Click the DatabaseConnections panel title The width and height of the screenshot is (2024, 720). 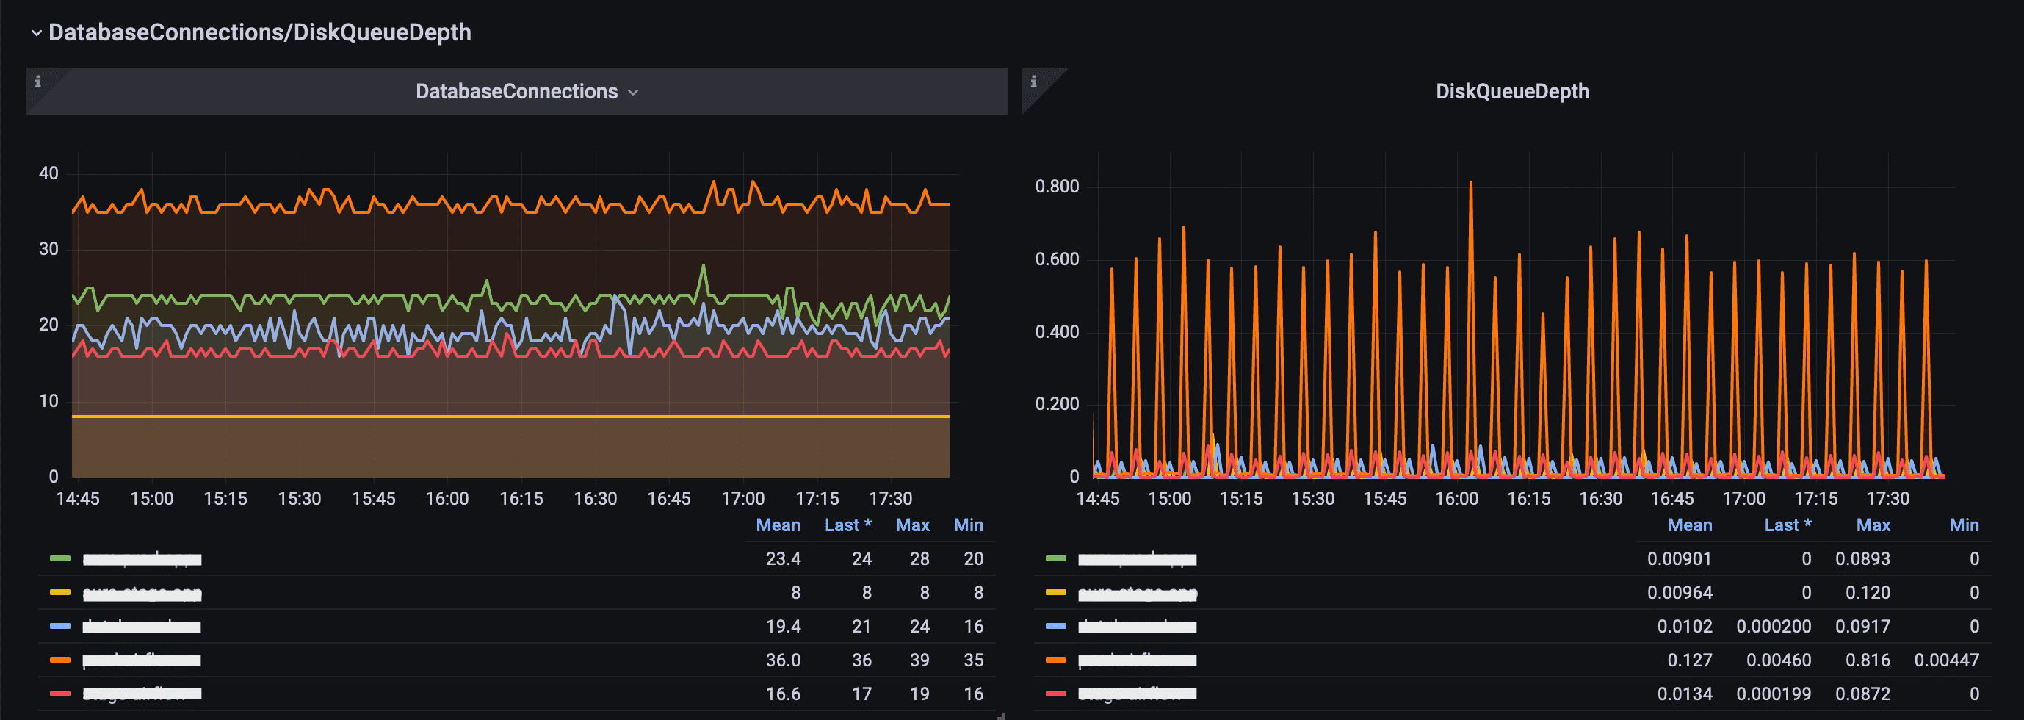pyautogui.click(x=516, y=91)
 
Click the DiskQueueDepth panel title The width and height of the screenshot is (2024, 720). pyautogui.click(x=1511, y=91)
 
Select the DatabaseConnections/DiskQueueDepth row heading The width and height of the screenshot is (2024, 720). pyautogui.click(x=259, y=32)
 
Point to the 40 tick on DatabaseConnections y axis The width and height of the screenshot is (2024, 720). pyautogui.click(x=48, y=173)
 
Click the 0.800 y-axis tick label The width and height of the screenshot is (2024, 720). pyautogui.click(x=1057, y=187)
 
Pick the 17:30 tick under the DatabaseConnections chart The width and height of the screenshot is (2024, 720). pyautogui.click(x=890, y=498)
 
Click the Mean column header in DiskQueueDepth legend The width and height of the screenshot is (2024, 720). pyautogui.click(x=1689, y=525)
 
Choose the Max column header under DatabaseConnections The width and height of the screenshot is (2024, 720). pyautogui.click(x=912, y=525)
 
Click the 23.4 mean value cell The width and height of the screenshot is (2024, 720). pyautogui.click(x=783, y=559)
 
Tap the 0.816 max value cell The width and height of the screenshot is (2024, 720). pyautogui.click(x=1867, y=660)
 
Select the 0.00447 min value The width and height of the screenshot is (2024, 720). pyautogui.click(x=1945, y=660)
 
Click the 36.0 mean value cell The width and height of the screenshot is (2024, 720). pyautogui.click(x=783, y=660)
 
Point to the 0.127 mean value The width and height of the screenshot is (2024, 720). pyautogui.click(x=1689, y=660)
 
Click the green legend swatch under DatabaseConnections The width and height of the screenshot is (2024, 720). pyautogui.click(x=60, y=559)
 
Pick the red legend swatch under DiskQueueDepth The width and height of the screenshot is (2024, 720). pyautogui.click(x=1056, y=694)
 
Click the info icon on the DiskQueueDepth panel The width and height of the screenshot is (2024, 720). pyautogui.click(x=1033, y=82)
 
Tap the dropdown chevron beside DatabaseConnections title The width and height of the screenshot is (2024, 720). pyautogui.click(x=633, y=93)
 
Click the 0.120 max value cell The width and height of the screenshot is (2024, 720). pyautogui.click(x=1867, y=593)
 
